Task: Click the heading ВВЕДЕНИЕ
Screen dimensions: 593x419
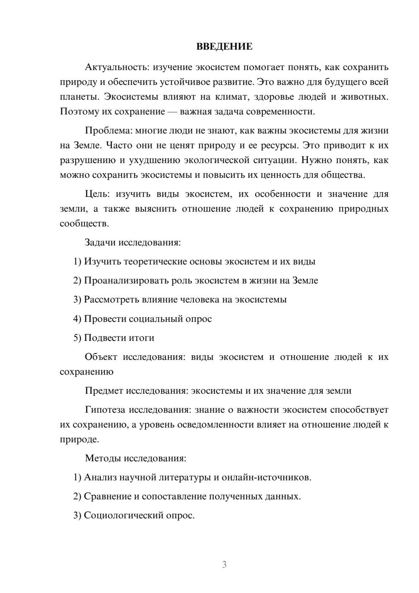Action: coord(224,47)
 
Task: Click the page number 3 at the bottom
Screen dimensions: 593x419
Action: coord(224,564)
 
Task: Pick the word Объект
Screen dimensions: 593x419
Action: coord(101,357)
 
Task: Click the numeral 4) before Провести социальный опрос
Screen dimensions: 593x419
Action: coord(77,319)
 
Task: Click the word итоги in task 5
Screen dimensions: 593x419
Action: coord(142,338)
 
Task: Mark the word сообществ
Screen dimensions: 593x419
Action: coord(84,224)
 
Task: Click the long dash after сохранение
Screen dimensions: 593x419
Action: coord(173,112)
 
